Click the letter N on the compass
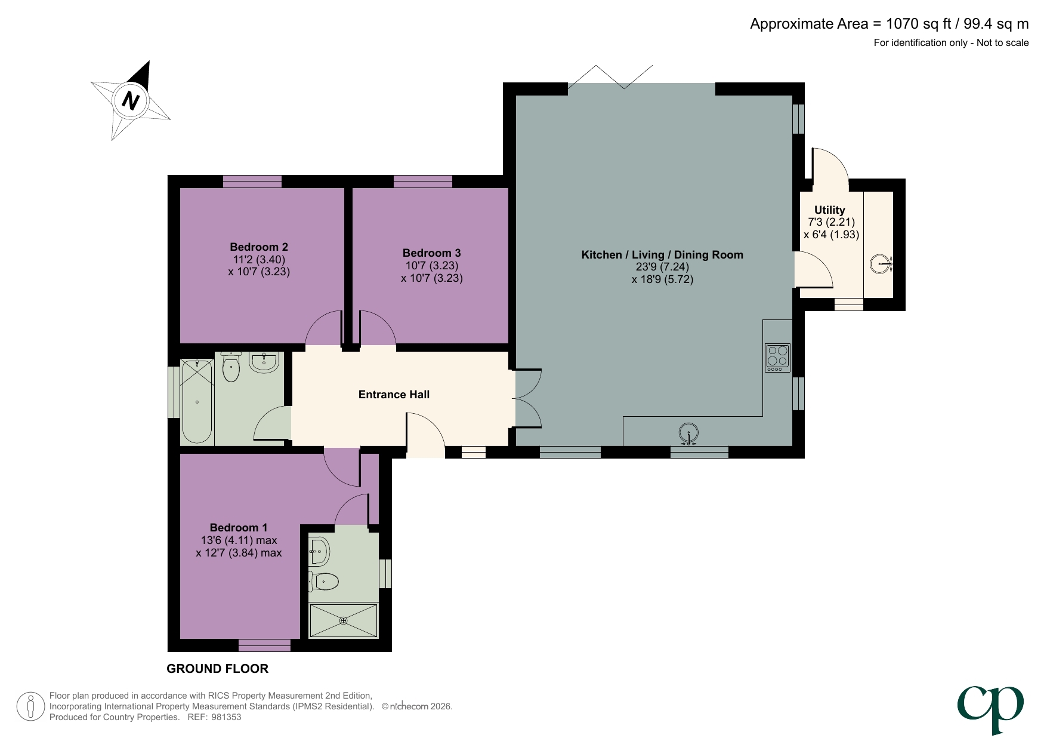pyautogui.click(x=131, y=100)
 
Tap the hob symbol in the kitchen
pyautogui.click(x=777, y=358)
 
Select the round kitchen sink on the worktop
pyautogui.click(x=688, y=434)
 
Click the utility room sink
pyautogui.click(x=881, y=264)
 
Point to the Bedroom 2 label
pyautogui.click(x=259, y=247)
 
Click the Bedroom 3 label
pyautogui.click(x=431, y=253)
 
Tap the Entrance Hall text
pyautogui.click(x=394, y=394)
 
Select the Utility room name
pyautogui.click(x=829, y=210)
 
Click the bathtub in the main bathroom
pyautogui.click(x=197, y=401)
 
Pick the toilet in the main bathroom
pyautogui.click(x=231, y=367)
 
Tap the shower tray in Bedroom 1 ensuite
pyautogui.click(x=343, y=620)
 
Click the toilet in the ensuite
pyautogui.click(x=325, y=580)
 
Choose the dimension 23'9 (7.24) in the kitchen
pyautogui.click(x=662, y=267)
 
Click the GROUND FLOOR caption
pyautogui.click(x=217, y=669)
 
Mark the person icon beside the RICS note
pyautogui.click(x=30, y=706)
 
